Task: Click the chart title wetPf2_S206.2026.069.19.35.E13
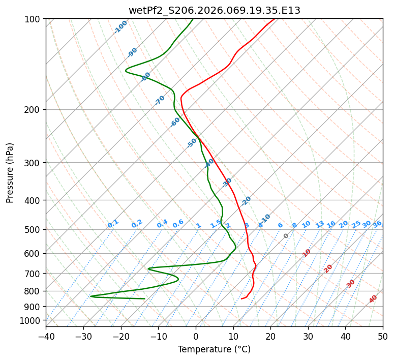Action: click(x=214, y=10)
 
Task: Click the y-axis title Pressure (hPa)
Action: click(x=10, y=173)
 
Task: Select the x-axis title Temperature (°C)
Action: click(x=214, y=349)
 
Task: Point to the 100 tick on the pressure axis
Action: click(x=33, y=19)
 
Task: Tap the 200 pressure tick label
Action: click(x=33, y=109)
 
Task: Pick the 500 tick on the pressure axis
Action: click(x=33, y=229)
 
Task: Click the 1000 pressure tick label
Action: click(x=31, y=320)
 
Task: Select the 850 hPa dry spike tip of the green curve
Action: click(x=91, y=296)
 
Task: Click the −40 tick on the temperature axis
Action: click(x=46, y=336)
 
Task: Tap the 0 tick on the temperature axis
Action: click(x=196, y=336)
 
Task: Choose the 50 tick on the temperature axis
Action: click(x=383, y=336)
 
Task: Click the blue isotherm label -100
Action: click(x=120, y=26)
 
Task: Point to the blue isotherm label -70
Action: click(x=160, y=100)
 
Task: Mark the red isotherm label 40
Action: click(x=373, y=299)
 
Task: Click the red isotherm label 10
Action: click(x=307, y=253)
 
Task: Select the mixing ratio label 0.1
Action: click(x=113, y=224)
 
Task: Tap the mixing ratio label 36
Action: click(x=377, y=224)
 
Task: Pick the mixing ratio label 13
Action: click(x=320, y=224)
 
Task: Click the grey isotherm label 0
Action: click(x=286, y=236)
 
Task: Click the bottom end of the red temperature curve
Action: click(x=241, y=299)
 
